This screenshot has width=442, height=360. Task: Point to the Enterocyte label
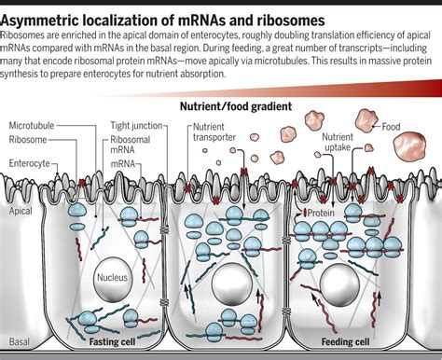click(x=31, y=162)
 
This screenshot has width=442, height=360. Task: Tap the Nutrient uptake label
click(x=338, y=142)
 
